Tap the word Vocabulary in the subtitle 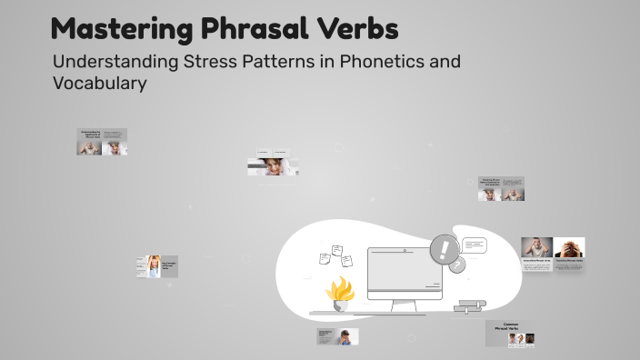tap(100, 83)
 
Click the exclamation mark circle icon tap(445, 248)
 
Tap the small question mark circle tap(457, 265)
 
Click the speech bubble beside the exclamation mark tap(475, 245)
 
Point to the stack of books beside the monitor tap(471, 305)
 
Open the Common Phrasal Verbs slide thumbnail tap(509, 333)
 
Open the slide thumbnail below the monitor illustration tap(337, 336)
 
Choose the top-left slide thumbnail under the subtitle tap(102, 142)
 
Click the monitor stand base tap(405, 311)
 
